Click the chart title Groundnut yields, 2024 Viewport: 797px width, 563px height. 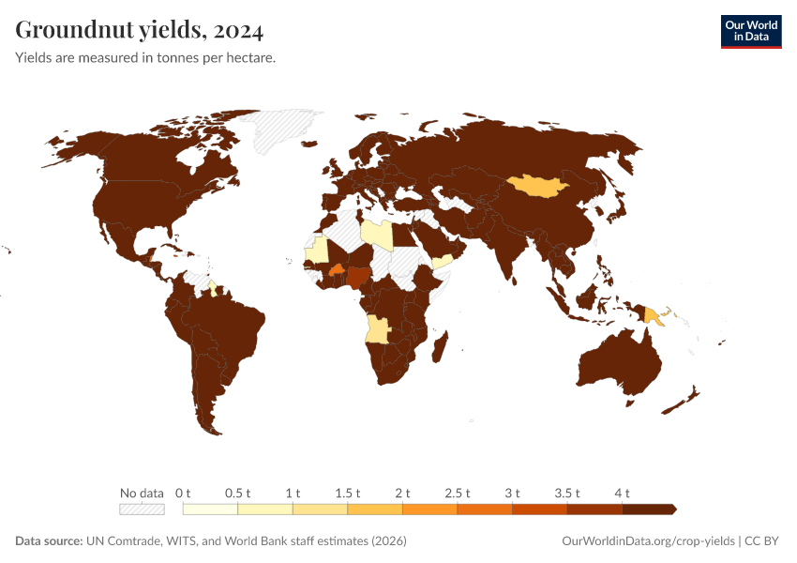(x=139, y=31)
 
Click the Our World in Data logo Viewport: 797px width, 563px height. (x=750, y=30)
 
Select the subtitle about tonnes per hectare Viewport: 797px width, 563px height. (x=144, y=58)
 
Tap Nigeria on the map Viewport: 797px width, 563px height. (x=359, y=277)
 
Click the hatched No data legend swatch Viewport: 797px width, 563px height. (x=142, y=509)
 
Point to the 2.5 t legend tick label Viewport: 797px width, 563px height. (x=458, y=493)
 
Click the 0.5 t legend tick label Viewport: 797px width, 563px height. (x=238, y=493)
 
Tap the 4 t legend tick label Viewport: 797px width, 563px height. (x=622, y=493)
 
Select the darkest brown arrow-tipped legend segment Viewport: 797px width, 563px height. (x=648, y=509)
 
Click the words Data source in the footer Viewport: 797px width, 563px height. (x=48, y=541)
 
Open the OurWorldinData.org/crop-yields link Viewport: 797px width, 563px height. (x=648, y=541)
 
